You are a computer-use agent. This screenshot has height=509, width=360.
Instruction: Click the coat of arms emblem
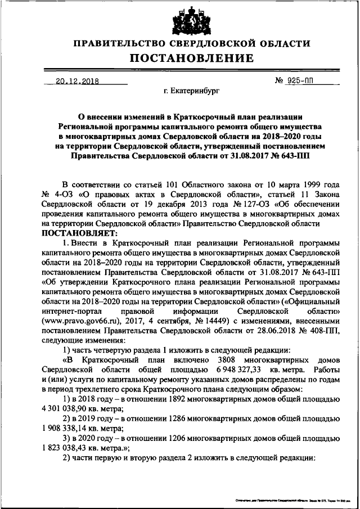[180, 19]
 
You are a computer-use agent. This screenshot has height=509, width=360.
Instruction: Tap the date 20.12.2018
[76, 81]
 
